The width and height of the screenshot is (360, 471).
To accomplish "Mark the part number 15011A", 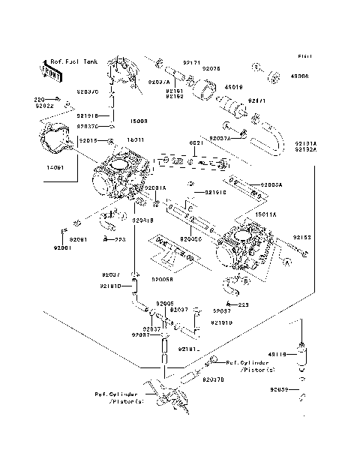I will [x=266, y=214].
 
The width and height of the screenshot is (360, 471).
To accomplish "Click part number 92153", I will [x=301, y=237].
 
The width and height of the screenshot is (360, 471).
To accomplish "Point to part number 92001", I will [x=62, y=247].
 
